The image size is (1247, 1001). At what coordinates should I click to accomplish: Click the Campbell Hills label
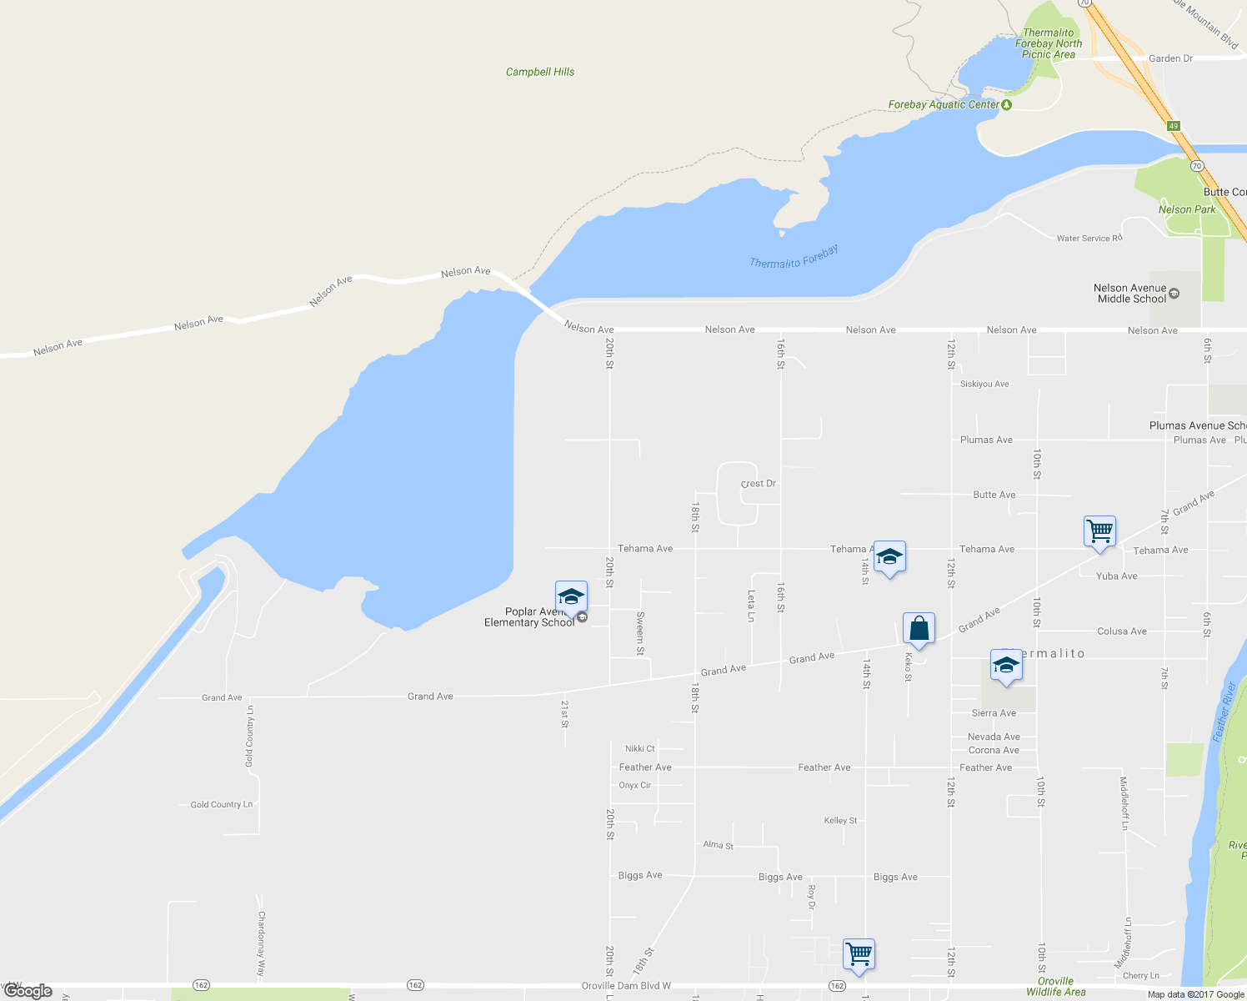coord(540,72)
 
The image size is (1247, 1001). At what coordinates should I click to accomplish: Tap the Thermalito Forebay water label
coord(794,257)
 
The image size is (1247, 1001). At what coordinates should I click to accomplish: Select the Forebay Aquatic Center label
coord(944,104)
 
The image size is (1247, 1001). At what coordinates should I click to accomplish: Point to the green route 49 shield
coord(1174,126)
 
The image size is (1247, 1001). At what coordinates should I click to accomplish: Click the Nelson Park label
coord(1187,209)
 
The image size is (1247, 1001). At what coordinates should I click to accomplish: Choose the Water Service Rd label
coord(1089,239)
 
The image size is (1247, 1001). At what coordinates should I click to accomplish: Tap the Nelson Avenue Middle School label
coord(1130,294)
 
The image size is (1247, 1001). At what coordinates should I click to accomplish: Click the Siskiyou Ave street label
coord(984,385)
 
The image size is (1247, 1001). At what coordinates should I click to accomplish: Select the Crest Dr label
coord(759,484)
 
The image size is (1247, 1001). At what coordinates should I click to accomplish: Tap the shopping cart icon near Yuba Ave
coord(1100,531)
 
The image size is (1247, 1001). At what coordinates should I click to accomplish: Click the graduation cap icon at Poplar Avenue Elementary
coord(571,597)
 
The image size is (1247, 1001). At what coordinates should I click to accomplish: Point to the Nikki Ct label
coord(640,749)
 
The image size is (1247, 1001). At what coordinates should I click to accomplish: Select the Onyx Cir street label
coord(635,786)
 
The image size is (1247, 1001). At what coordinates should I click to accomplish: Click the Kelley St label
coord(840,821)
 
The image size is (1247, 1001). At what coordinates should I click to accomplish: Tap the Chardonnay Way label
coord(261,943)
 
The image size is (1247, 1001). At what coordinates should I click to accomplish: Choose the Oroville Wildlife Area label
coord(1056,987)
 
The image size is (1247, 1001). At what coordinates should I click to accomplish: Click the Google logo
coord(28,991)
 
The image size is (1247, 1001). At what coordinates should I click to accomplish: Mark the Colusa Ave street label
coord(1122,631)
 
